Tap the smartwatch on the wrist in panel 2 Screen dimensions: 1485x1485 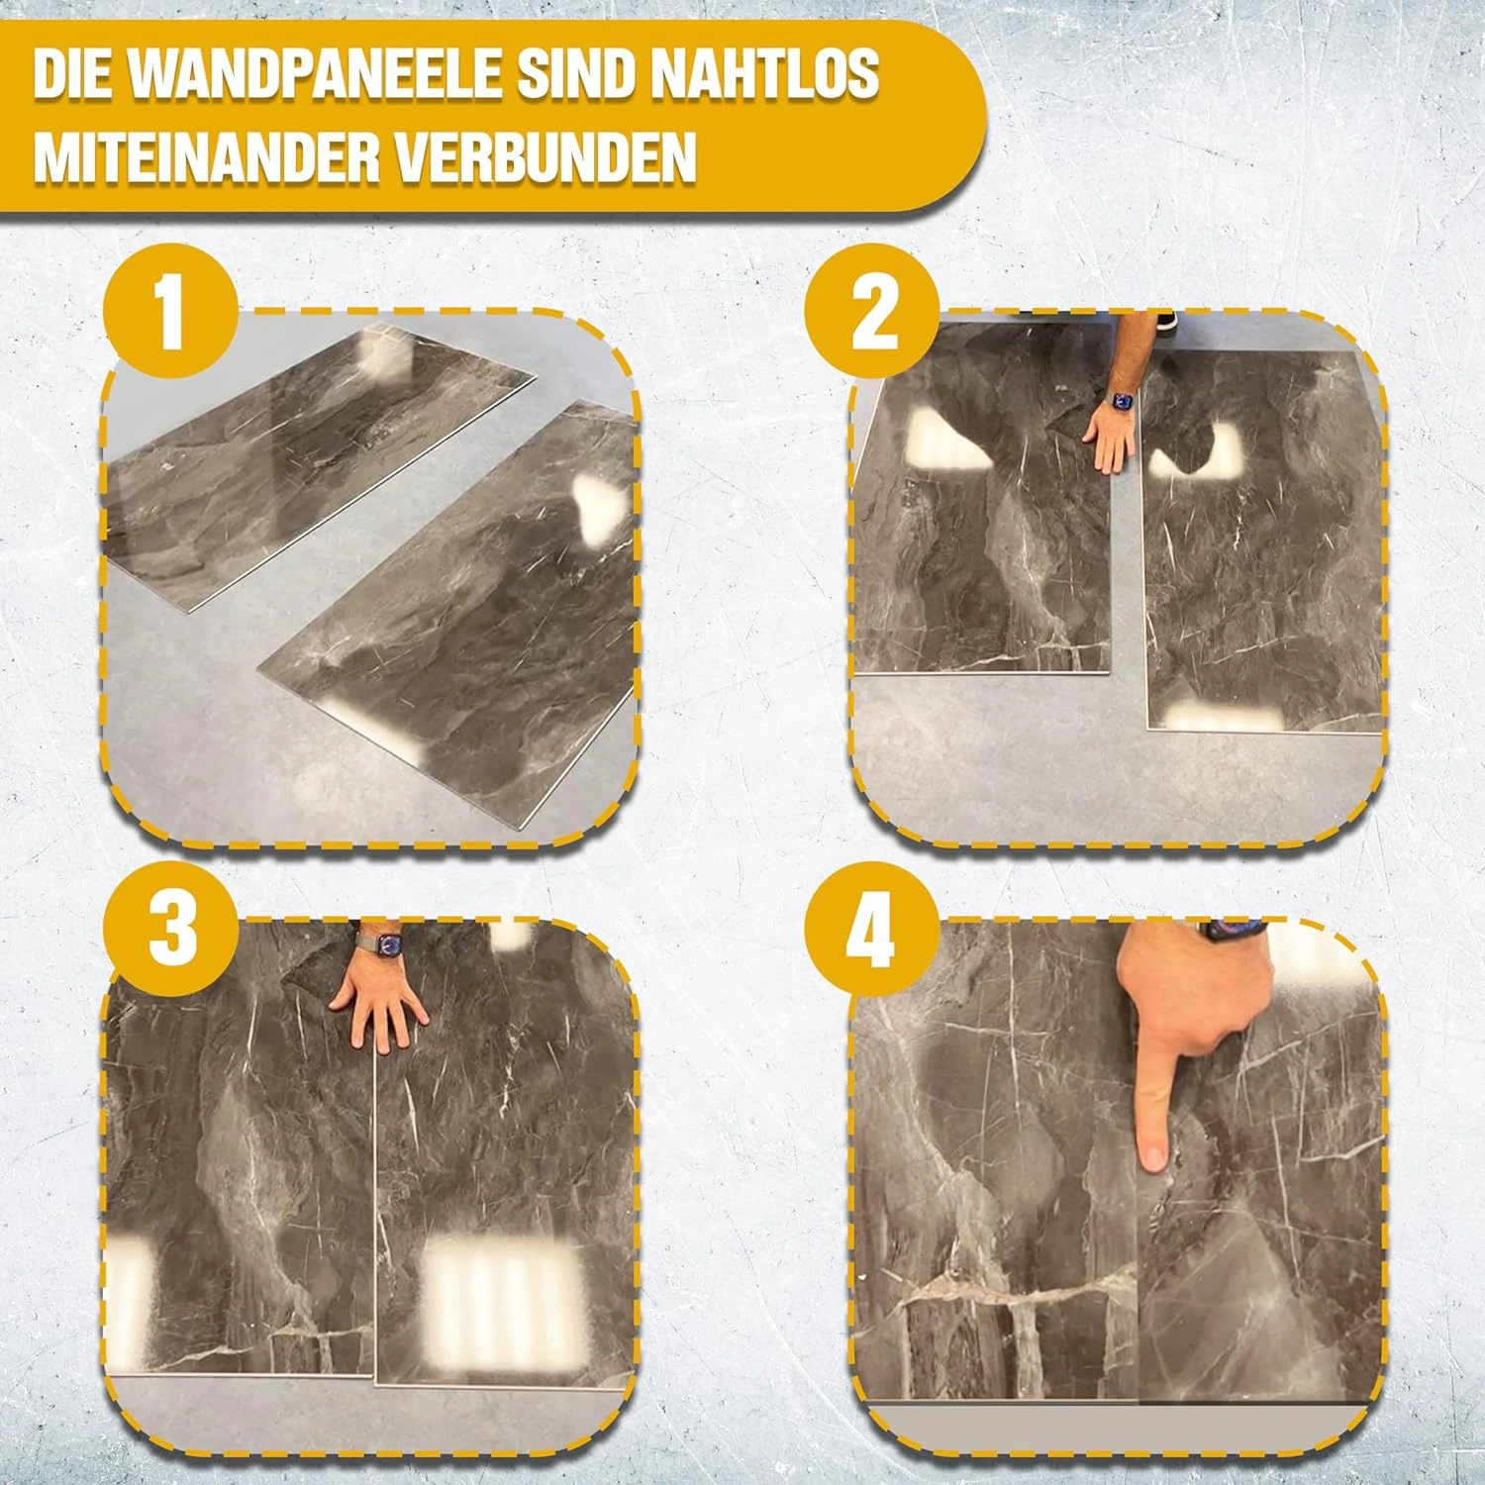[x=1124, y=402]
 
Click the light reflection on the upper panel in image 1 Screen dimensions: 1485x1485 [x=390, y=354]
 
